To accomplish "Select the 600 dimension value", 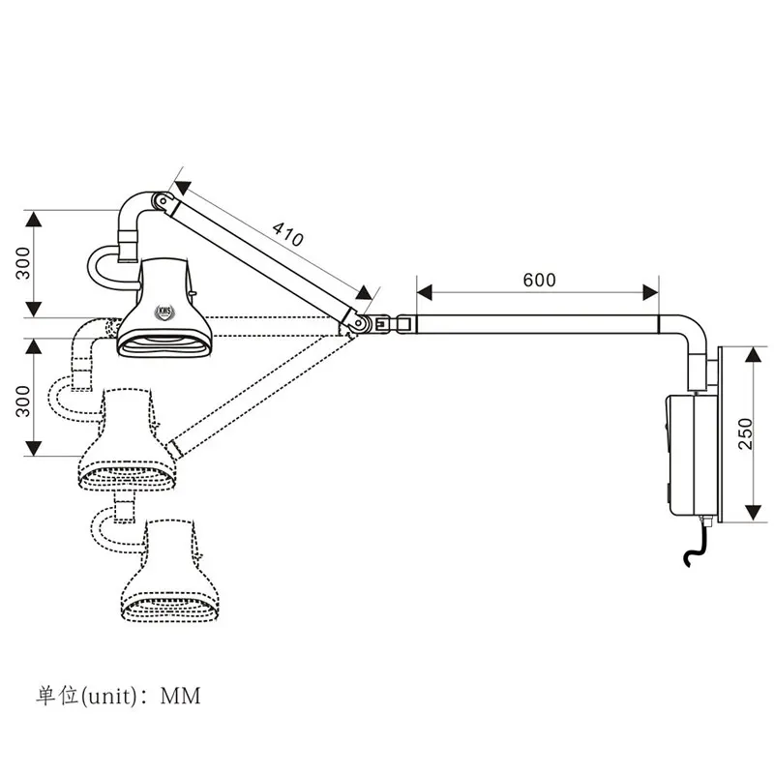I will pos(539,280).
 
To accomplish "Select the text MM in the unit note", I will pos(181,695).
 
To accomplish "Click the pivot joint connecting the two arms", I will pos(361,322).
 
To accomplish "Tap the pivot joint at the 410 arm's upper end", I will pos(164,202).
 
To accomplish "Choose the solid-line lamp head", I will pos(164,310).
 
